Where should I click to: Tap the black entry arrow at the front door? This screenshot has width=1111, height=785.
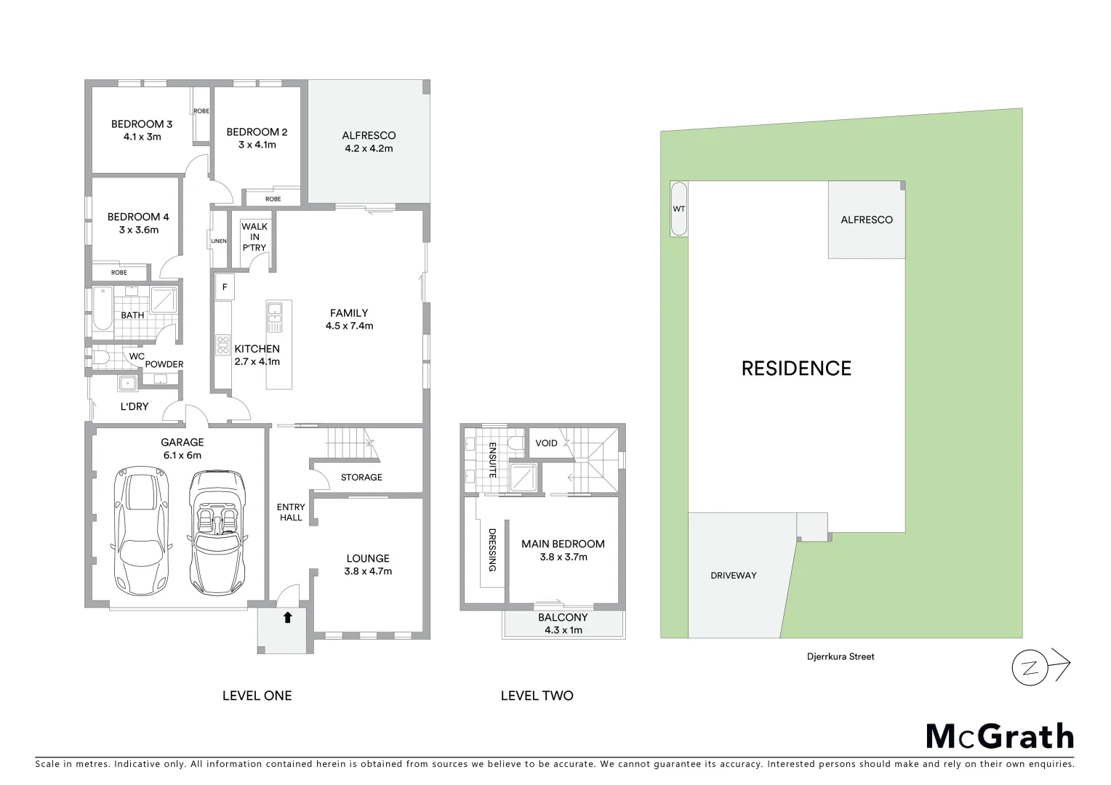287,618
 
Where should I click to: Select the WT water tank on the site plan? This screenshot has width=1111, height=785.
678,209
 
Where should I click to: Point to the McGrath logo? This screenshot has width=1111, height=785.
999,736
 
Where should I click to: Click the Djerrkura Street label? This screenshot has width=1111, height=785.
835,656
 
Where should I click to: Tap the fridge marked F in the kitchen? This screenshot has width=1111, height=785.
225,287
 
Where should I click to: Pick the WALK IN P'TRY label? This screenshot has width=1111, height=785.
254,237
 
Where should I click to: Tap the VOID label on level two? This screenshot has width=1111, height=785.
546,443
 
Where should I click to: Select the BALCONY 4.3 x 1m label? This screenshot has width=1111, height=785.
563,624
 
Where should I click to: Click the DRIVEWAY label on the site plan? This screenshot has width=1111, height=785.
734,576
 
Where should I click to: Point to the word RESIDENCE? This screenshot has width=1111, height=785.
796,369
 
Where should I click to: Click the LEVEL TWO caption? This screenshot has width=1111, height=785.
537,696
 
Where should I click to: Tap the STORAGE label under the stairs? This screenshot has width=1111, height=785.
361,478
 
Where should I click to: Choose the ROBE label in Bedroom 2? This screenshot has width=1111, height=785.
273,199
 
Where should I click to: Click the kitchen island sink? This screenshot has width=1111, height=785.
276,313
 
